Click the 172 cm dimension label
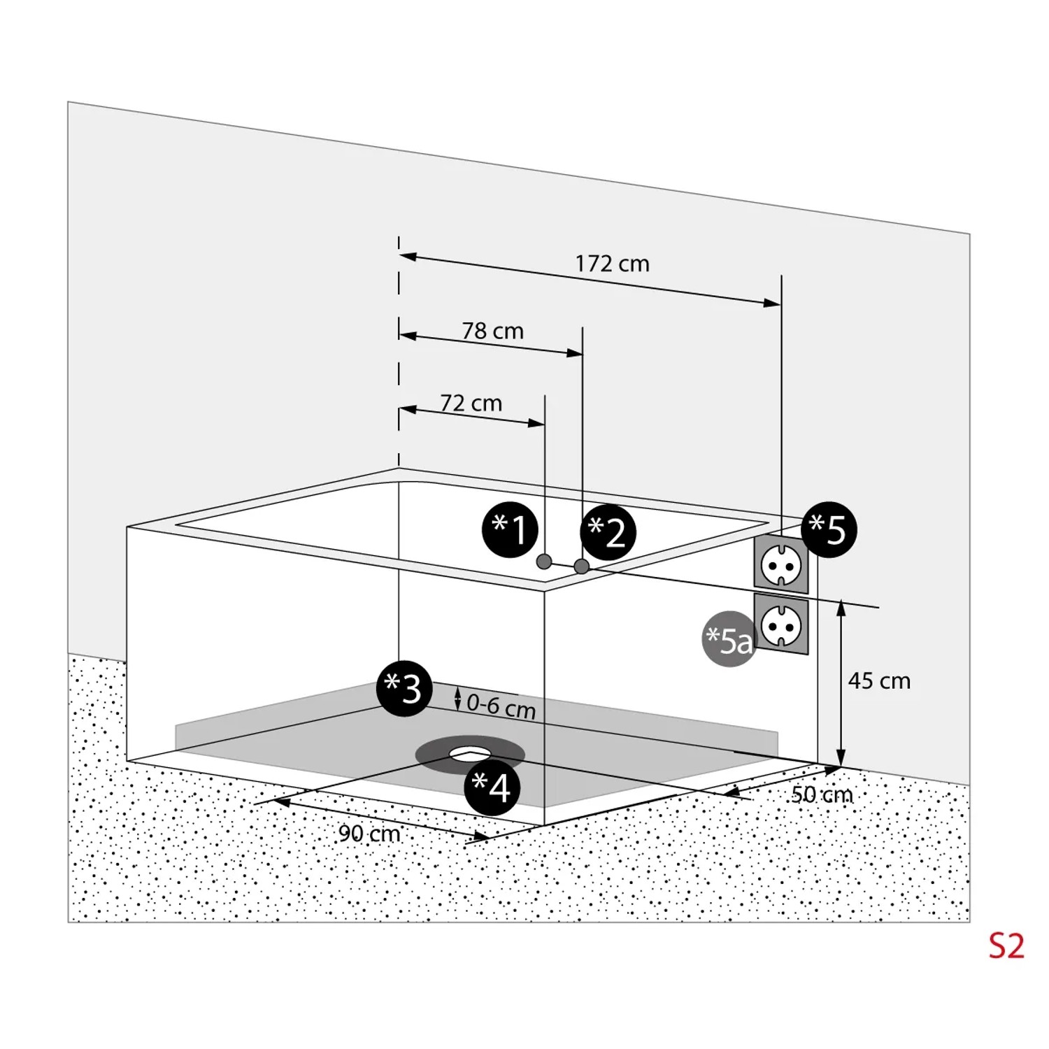coord(612,264)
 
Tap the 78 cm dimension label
coord(492,331)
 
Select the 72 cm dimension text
coord(471,404)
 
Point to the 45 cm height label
coord(879,680)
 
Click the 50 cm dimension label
coord(822,794)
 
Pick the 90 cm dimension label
coord(369,833)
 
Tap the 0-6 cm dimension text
coord(501,706)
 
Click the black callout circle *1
coord(511,529)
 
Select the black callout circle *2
coord(608,533)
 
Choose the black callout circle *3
coord(404,688)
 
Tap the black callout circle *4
coord(492,787)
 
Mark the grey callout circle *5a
coord(729,638)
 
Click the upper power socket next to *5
coord(781,563)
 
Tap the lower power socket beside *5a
coord(781,625)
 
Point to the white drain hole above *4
coord(470,753)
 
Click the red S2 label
coord(1006,946)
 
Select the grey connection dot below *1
coord(543,562)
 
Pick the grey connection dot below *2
coord(581,566)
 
